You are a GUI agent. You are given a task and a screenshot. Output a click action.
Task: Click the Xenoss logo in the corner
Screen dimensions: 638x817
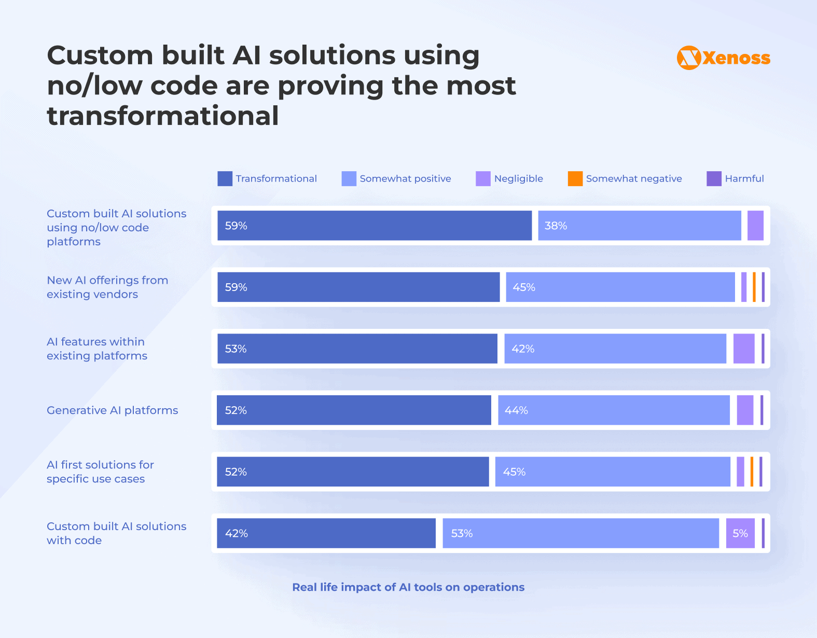[723, 58]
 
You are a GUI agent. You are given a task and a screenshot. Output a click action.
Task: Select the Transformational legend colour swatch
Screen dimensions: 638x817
[225, 178]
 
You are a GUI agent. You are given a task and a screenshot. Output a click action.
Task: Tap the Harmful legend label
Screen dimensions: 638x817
[744, 178]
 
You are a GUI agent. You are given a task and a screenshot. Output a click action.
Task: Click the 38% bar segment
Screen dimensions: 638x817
[639, 226]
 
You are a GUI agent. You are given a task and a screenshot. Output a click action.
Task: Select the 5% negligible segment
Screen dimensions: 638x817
[740, 533]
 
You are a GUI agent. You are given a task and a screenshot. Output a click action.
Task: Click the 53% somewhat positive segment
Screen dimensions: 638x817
[580, 533]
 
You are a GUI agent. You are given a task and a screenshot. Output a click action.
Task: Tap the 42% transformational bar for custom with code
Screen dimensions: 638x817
[326, 533]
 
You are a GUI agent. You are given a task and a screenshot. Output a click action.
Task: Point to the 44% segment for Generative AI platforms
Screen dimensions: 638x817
[614, 410]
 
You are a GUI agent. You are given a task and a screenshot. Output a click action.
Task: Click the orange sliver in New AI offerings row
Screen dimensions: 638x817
[754, 287]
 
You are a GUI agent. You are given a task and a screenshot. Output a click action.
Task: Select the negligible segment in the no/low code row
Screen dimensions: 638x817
[755, 226]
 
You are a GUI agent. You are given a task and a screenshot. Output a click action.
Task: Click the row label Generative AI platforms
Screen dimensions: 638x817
[112, 410]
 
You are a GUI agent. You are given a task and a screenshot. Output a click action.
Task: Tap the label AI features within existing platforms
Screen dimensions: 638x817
[96, 349]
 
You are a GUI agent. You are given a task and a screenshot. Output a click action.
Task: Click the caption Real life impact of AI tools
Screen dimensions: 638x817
[408, 587]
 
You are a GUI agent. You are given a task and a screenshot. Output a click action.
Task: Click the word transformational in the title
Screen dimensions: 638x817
[163, 116]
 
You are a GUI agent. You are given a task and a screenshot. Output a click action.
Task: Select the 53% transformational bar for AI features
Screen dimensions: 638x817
[357, 349]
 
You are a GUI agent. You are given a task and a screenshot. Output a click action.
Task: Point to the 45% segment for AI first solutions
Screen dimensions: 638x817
[613, 472]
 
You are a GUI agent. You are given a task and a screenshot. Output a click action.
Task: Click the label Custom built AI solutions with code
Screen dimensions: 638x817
[116, 533]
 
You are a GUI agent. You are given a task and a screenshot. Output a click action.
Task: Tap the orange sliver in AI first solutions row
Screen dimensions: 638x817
[752, 472]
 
